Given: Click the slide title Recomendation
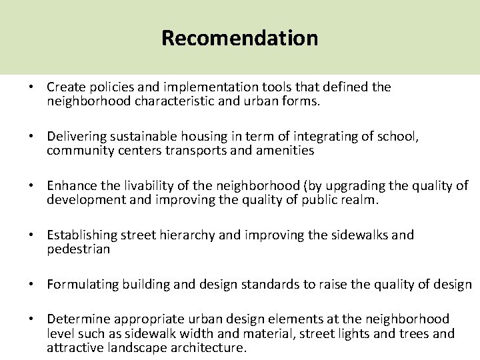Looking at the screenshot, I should [x=239, y=37].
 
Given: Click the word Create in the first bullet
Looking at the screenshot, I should [x=65, y=87].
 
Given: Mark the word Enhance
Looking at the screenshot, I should [x=69, y=186].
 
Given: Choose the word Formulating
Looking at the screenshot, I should [x=78, y=285].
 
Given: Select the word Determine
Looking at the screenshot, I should [x=75, y=319].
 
